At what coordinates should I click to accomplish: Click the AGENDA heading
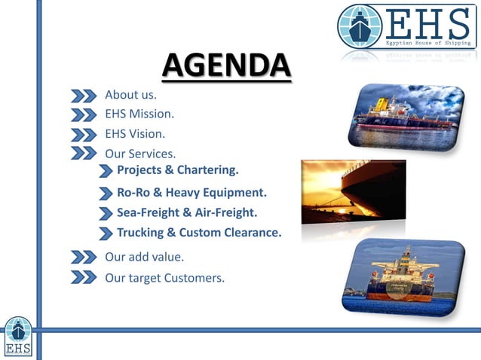pos(226,66)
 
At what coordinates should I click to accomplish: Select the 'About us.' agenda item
pos(130,95)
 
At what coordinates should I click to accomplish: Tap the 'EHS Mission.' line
pos(139,114)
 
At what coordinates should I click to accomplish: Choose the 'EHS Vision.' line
pos(135,134)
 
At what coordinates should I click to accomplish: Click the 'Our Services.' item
pos(140,154)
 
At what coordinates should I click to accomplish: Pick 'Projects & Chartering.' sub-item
pos(177,169)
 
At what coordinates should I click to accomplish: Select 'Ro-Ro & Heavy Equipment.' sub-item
pos(191,192)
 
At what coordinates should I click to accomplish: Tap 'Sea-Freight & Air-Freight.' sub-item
pos(187,212)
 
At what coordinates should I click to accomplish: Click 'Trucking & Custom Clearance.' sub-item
pos(199,233)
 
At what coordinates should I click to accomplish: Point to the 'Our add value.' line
pos(144,257)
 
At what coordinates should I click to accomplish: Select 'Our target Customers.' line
pos(164,277)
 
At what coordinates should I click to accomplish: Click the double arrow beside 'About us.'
pos(84,96)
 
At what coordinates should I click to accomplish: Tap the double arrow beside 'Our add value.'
pos(84,258)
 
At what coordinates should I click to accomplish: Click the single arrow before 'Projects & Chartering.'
pos(106,171)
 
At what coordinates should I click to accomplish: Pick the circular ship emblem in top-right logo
pos(360,26)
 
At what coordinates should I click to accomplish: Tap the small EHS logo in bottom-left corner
pos(17,337)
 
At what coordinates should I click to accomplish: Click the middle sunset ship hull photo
pos(353,191)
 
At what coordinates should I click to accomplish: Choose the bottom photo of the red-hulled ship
pos(402,276)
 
